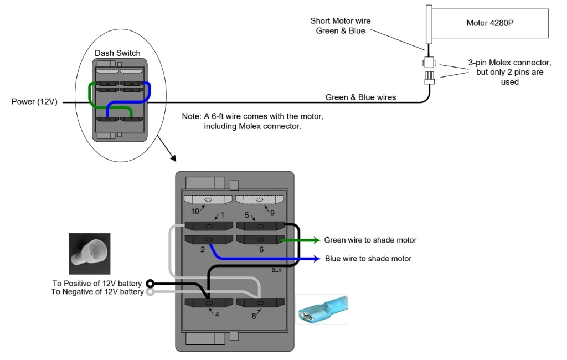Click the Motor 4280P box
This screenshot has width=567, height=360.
[x=489, y=23]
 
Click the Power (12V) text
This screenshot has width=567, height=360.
[x=34, y=102]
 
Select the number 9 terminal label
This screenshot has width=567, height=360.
[x=271, y=211]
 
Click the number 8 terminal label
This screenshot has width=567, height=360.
[x=254, y=316]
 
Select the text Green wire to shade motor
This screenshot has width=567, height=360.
[x=370, y=240]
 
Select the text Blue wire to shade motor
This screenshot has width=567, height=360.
[x=368, y=259]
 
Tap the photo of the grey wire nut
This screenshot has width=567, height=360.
[x=89, y=254]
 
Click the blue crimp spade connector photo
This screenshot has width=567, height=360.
[x=323, y=309]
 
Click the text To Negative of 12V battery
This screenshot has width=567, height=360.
[x=96, y=292]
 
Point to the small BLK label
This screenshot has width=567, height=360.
[x=277, y=270]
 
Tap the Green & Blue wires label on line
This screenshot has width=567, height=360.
[x=360, y=98]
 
